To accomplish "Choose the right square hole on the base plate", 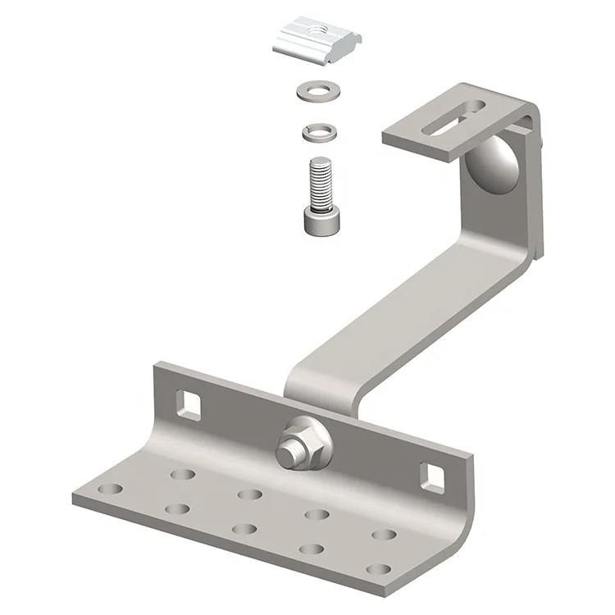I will click(x=431, y=476).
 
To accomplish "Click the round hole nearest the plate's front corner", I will click(x=379, y=568).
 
